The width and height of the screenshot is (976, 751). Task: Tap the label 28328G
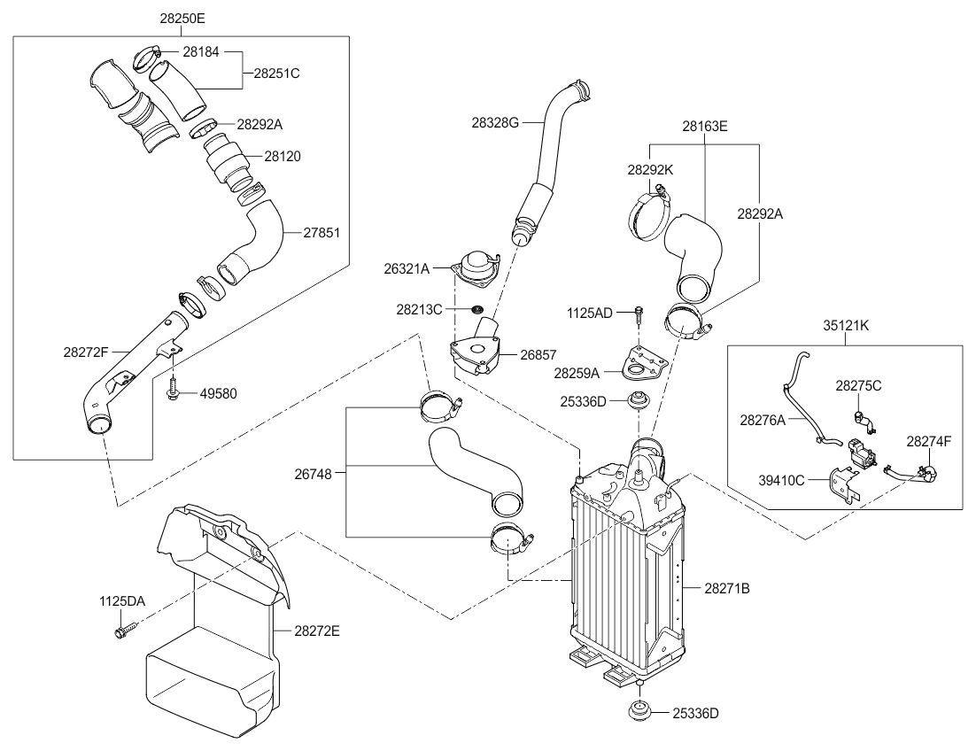495,123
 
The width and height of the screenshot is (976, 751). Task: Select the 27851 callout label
323,234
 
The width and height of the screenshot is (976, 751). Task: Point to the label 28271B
727,587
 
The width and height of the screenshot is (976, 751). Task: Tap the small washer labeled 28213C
476,310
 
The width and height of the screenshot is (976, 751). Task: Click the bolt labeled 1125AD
639,313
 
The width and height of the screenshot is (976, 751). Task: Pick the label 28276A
762,419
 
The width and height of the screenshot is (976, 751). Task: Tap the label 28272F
86,352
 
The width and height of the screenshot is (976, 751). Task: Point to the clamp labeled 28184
145,61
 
